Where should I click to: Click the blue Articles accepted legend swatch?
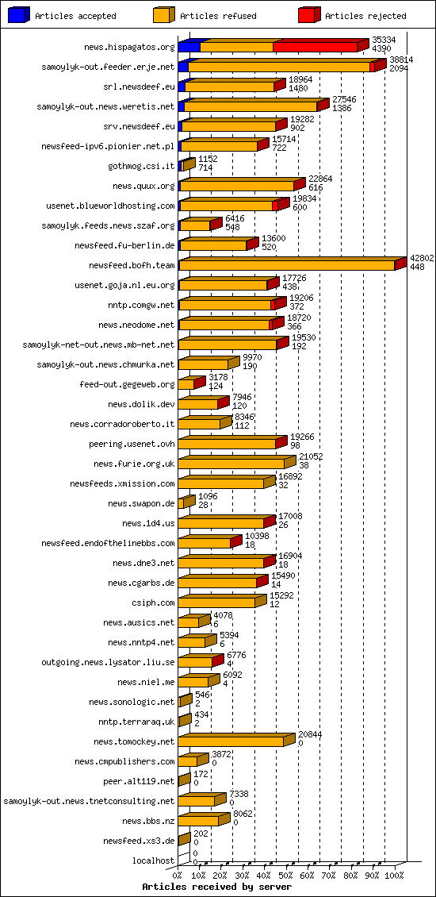tap(19, 15)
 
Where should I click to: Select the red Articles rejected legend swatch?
tap(309, 15)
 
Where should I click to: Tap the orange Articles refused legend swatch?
tap(164, 15)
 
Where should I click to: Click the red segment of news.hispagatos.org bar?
tap(316, 47)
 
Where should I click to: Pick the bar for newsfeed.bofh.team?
tap(287, 265)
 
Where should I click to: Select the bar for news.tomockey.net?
tap(231, 741)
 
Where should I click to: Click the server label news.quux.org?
tap(143, 186)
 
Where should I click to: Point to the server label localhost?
tap(153, 860)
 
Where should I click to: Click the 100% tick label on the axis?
tap(394, 876)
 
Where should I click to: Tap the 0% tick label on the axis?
tap(178, 876)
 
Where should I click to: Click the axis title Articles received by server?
tap(216, 887)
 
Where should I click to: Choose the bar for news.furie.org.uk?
tap(231, 464)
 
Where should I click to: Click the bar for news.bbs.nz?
tap(199, 821)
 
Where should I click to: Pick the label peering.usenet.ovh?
tap(132, 444)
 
